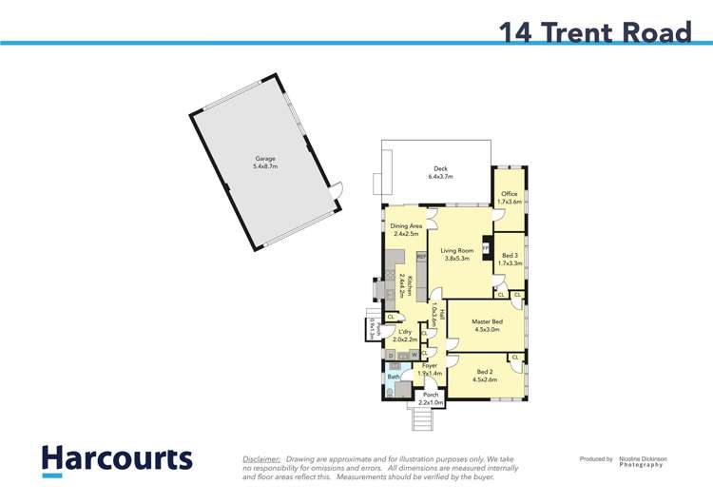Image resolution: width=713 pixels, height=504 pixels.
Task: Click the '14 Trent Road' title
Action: pos(595,32)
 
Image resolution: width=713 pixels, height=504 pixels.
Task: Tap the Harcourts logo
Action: pos(117,459)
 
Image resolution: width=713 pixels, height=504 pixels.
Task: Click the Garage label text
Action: pos(264,163)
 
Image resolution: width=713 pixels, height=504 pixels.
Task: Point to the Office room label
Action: pos(510,198)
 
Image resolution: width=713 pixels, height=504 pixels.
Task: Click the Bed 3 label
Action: pos(510,259)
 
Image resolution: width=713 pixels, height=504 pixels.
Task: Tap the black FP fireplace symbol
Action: pos(487,247)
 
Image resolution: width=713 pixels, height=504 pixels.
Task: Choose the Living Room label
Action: pos(457,254)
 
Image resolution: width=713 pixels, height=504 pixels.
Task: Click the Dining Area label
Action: pos(406,229)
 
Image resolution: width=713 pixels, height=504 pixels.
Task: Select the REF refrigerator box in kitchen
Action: pos(421,257)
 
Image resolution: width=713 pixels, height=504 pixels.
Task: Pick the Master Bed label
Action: pos(487,325)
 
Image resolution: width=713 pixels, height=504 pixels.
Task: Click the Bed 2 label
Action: pos(485,375)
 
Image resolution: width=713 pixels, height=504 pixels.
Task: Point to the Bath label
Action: pos(392,378)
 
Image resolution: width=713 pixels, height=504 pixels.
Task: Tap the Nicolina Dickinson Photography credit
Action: pos(643,461)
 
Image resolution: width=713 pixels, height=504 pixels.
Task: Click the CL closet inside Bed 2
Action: pos(515,358)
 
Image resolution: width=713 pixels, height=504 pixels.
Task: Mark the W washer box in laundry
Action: pos(414,355)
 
